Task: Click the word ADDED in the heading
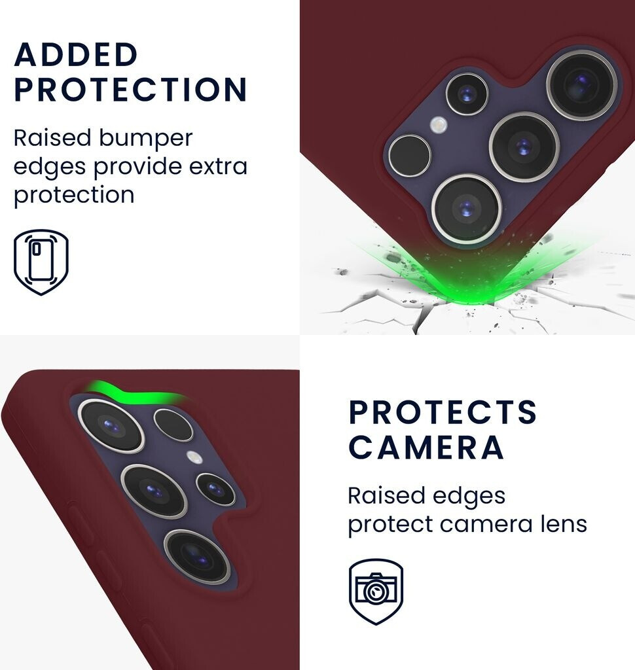coord(76,55)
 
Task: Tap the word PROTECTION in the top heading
coord(131,90)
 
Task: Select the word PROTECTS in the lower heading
coord(443,412)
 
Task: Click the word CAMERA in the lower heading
coord(426,447)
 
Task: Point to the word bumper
coord(146,138)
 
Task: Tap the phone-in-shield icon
coord(41,261)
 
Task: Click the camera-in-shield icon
coord(376,590)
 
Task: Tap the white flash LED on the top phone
coord(439,125)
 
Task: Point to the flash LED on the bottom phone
coord(193,457)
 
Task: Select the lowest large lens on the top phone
coord(466,209)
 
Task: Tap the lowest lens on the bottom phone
coord(197,555)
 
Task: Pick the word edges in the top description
coord(50,166)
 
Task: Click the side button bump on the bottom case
coord(81,523)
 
